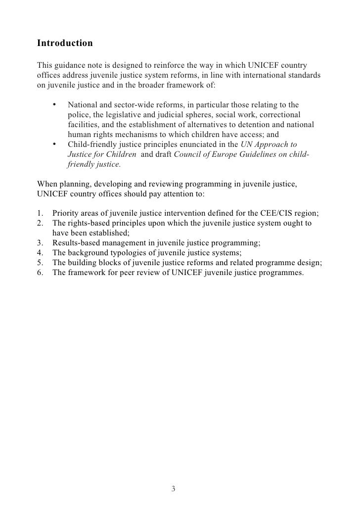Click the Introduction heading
pyautogui.click(x=65, y=44)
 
